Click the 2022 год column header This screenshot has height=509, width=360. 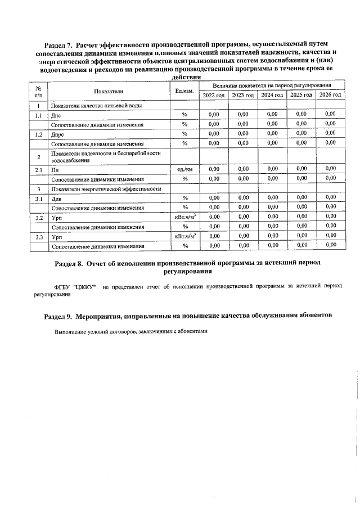(x=214, y=95)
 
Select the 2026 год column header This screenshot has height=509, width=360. (x=330, y=95)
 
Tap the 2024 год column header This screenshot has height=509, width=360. (x=272, y=95)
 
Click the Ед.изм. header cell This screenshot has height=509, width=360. (x=184, y=91)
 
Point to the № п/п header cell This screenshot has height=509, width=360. (x=38, y=91)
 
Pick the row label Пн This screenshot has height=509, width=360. (x=55, y=169)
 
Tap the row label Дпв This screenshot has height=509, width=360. (x=56, y=198)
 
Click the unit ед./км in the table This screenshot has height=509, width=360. (x=184, y=169)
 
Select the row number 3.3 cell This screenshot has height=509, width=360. (x=38, y=237)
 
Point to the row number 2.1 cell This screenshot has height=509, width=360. (x=38, y=169)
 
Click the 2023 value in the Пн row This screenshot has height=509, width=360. (x=243, y=169)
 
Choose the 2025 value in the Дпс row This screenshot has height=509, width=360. (x=301, y=115)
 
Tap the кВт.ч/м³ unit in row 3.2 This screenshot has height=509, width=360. (x=184, y=217)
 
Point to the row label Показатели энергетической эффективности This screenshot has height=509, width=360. (x=106, y=188)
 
